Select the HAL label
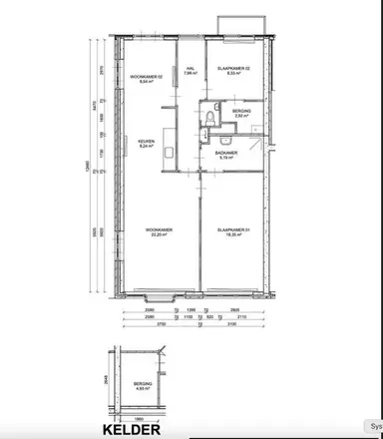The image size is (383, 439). (189, 69)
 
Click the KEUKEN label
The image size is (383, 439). (147, 143)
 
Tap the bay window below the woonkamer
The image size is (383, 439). (159, 296)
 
